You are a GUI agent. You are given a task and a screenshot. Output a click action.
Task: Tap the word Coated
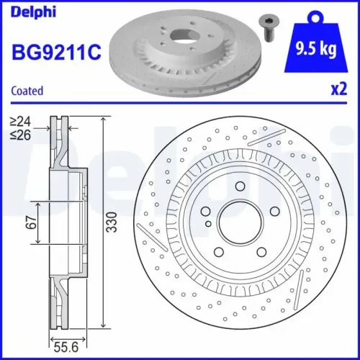[27, 91]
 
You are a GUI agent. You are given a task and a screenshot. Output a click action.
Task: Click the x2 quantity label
[338, 90]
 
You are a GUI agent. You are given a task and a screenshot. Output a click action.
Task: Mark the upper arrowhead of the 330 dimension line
[104, 117]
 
